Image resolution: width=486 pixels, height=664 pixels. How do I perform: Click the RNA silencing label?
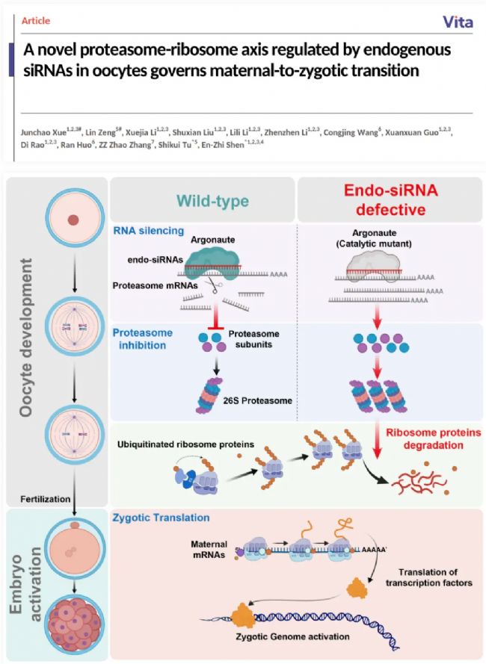pos(148,231)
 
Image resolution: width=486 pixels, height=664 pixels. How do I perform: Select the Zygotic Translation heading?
pos(159,516)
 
